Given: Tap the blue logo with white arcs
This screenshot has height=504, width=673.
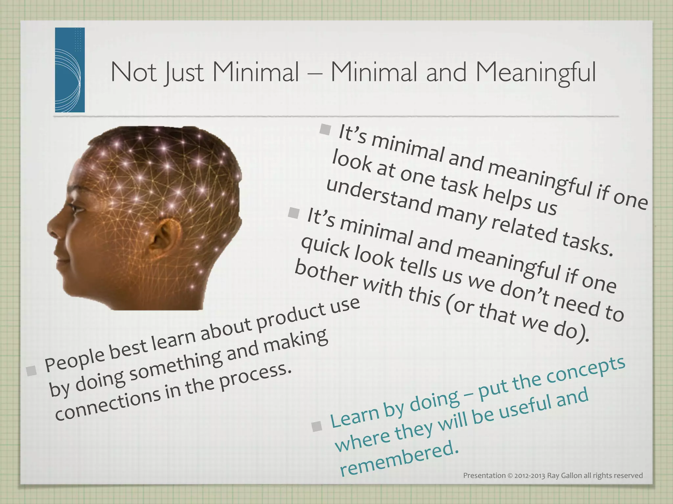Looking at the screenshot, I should coord(70,70).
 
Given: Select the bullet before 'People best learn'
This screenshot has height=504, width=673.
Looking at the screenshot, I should coord(32,370).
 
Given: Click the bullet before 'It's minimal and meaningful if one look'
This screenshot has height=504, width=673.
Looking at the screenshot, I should coord(325,129).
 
